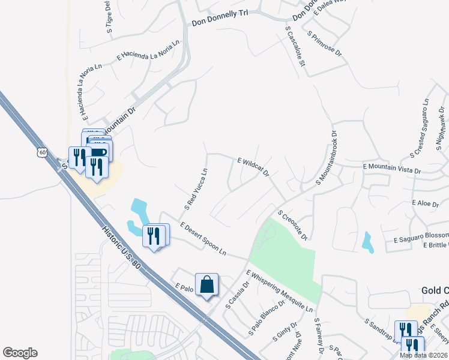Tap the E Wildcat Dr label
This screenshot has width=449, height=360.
253,167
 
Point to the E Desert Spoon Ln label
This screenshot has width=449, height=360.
202,238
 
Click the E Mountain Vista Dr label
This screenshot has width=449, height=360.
392,169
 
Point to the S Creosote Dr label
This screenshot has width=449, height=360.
292,224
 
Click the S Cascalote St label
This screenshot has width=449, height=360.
296,50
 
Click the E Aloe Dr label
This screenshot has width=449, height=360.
426,204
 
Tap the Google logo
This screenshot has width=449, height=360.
20,353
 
